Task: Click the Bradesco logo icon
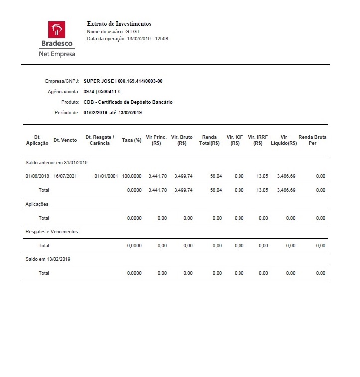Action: coord(56,29)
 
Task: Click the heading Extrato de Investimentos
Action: coord(119,24)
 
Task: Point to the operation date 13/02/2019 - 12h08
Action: coord(148,38)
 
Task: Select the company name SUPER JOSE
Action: coord(98,81)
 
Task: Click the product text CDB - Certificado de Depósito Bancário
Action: coord(128,102)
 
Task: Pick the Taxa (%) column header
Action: coord(132,140)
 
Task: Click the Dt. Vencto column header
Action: coord(65,140)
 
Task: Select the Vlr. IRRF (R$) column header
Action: coord(258,140)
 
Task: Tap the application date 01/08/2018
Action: coord(37,176)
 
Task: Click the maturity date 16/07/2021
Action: coord(65,176)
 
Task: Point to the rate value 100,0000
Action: coord(132,176)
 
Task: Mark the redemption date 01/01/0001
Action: coord(106,176)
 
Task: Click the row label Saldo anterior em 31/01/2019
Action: coord(57,163)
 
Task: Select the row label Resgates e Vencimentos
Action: coord(52,232)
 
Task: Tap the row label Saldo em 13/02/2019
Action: coord(48,259)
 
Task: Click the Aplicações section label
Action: coord(37,204)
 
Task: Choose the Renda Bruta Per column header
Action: coord(312,140)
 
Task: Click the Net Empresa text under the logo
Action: coord(57,54)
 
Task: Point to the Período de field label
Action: coord(67,113)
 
